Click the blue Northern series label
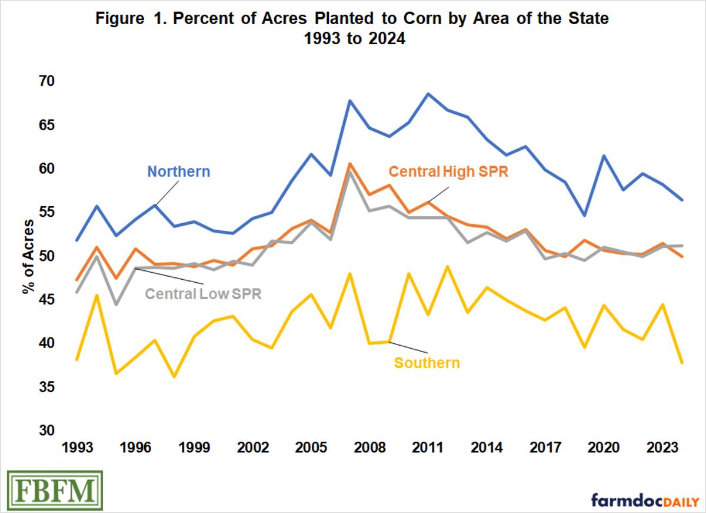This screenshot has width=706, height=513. [178, 172]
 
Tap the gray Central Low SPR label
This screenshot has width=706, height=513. [203, 293]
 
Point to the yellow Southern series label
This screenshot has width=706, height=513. [427, 363]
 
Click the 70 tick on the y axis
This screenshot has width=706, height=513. [46, 81]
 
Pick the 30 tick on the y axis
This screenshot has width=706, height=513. [46, 431]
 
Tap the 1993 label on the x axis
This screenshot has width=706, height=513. [77, 447]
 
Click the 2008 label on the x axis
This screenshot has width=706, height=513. [369, 447]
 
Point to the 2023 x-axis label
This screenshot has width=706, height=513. [661, 447]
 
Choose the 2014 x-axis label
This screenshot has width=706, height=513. [486, 447]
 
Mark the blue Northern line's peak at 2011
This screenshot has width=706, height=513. [428, 94]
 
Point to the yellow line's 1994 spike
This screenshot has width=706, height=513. [96, 295]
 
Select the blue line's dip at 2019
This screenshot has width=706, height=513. [583, 215]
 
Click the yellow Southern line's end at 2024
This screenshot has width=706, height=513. [681, 363]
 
